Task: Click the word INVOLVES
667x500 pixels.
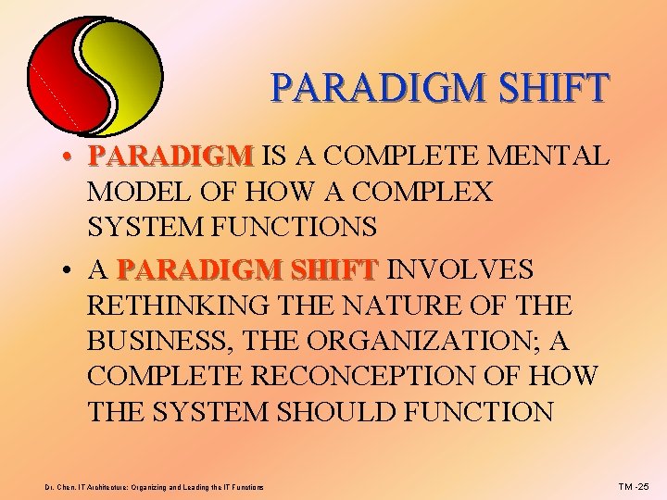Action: [x=459, y=269]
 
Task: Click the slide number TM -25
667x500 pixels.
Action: [x=636, y=486]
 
